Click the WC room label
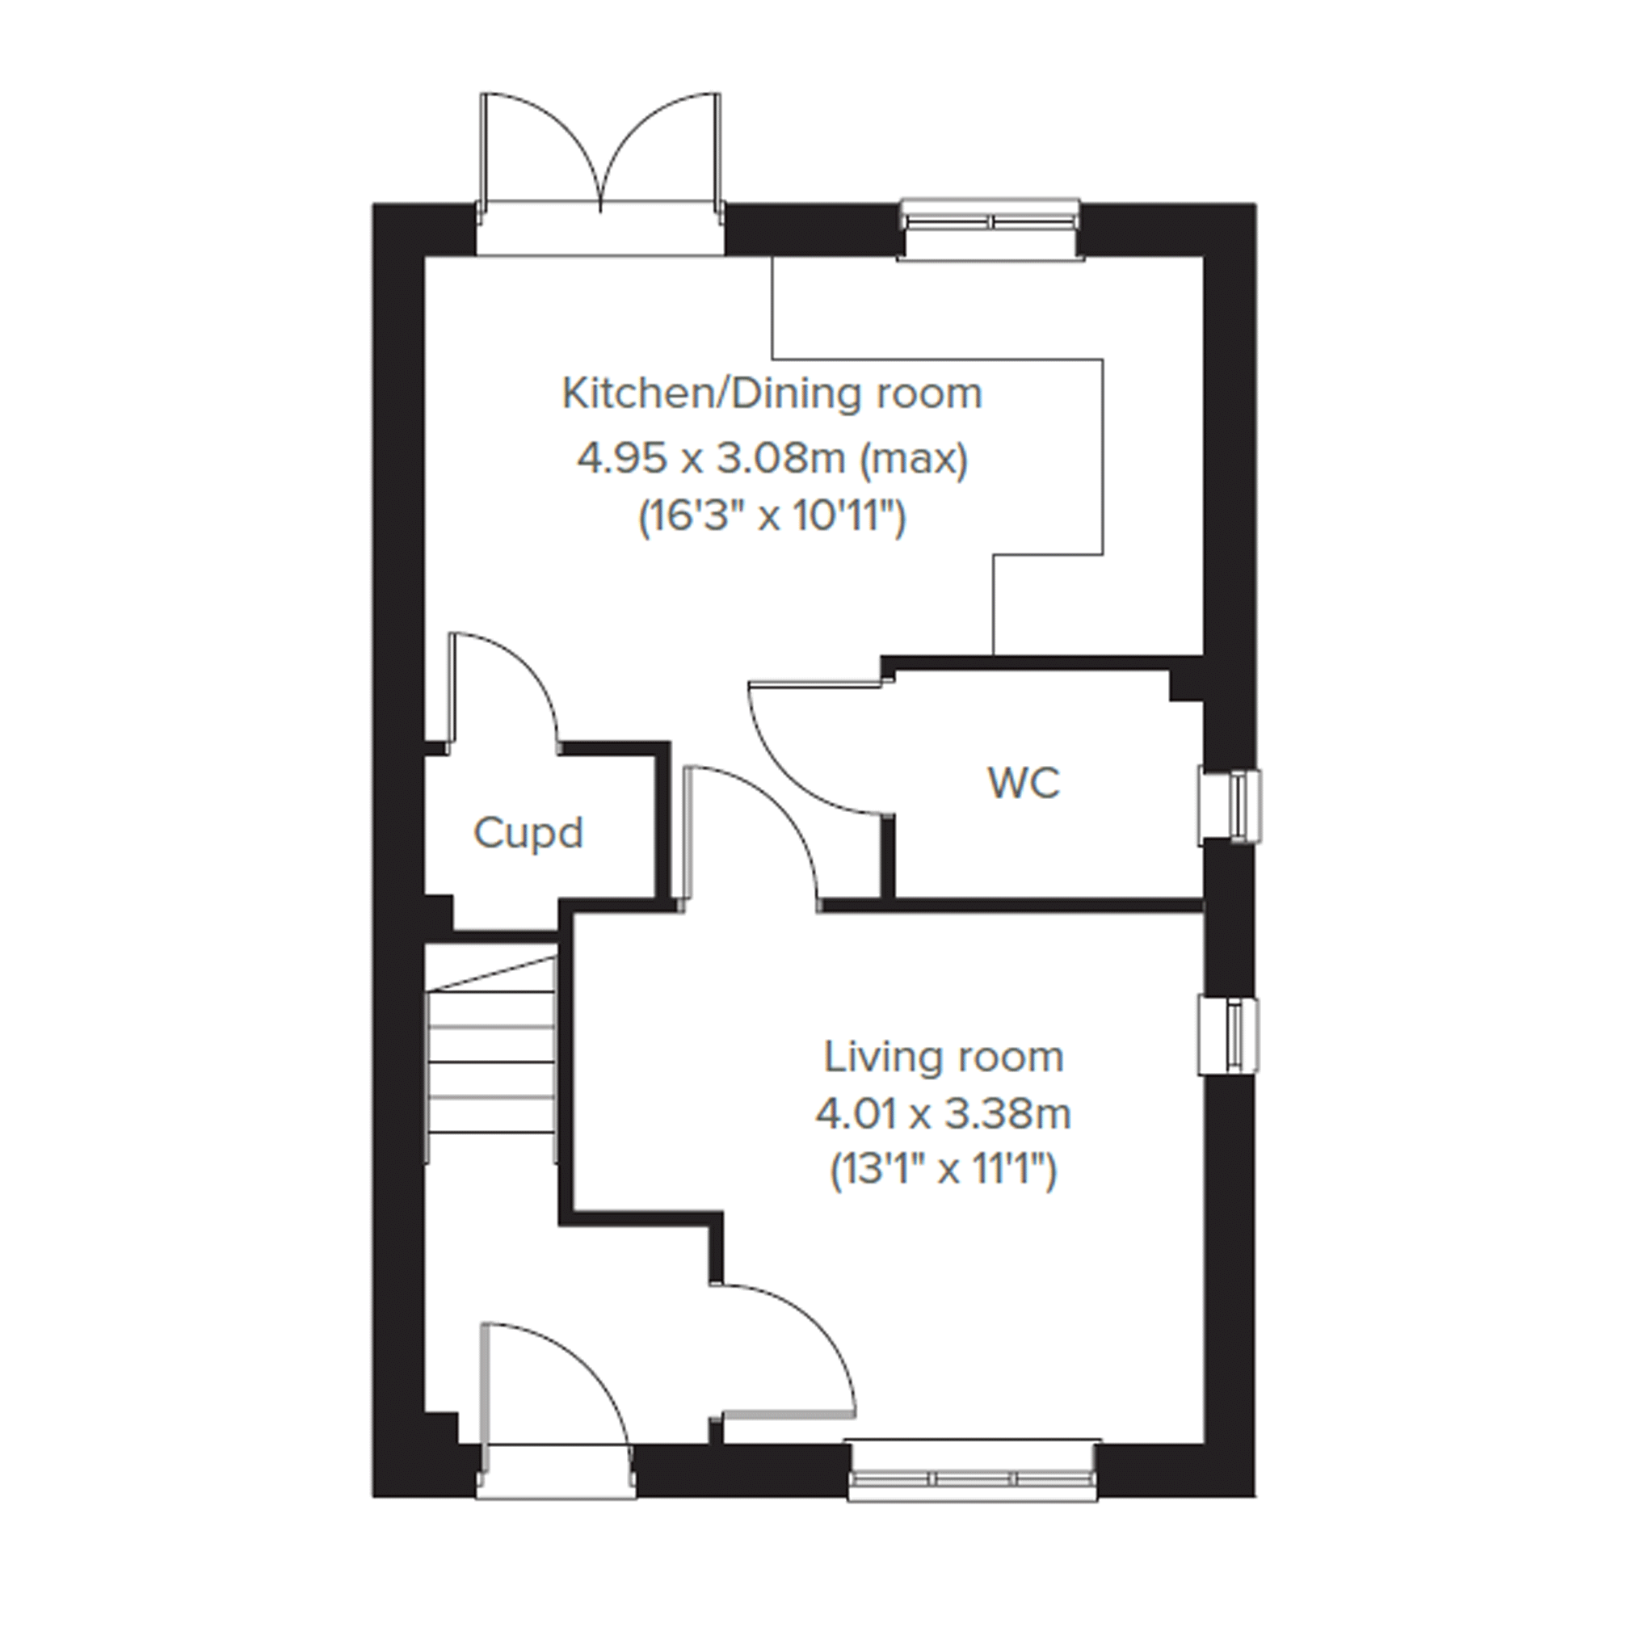(x=1023, y=784)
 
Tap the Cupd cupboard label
(x=528, y=833)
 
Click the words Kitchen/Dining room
(x=772, y=394)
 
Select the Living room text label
(x=944, y=1058)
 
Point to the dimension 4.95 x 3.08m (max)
(x=772, y=460)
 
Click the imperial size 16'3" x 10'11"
(x=772, y=516)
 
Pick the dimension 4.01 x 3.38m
(x=944, y=1114)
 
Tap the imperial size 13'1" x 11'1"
(x=944, y=1172)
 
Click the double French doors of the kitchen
(x=600, y=174)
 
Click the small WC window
(x=1230, y=806)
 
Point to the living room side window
(x=1230, y=1037)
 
